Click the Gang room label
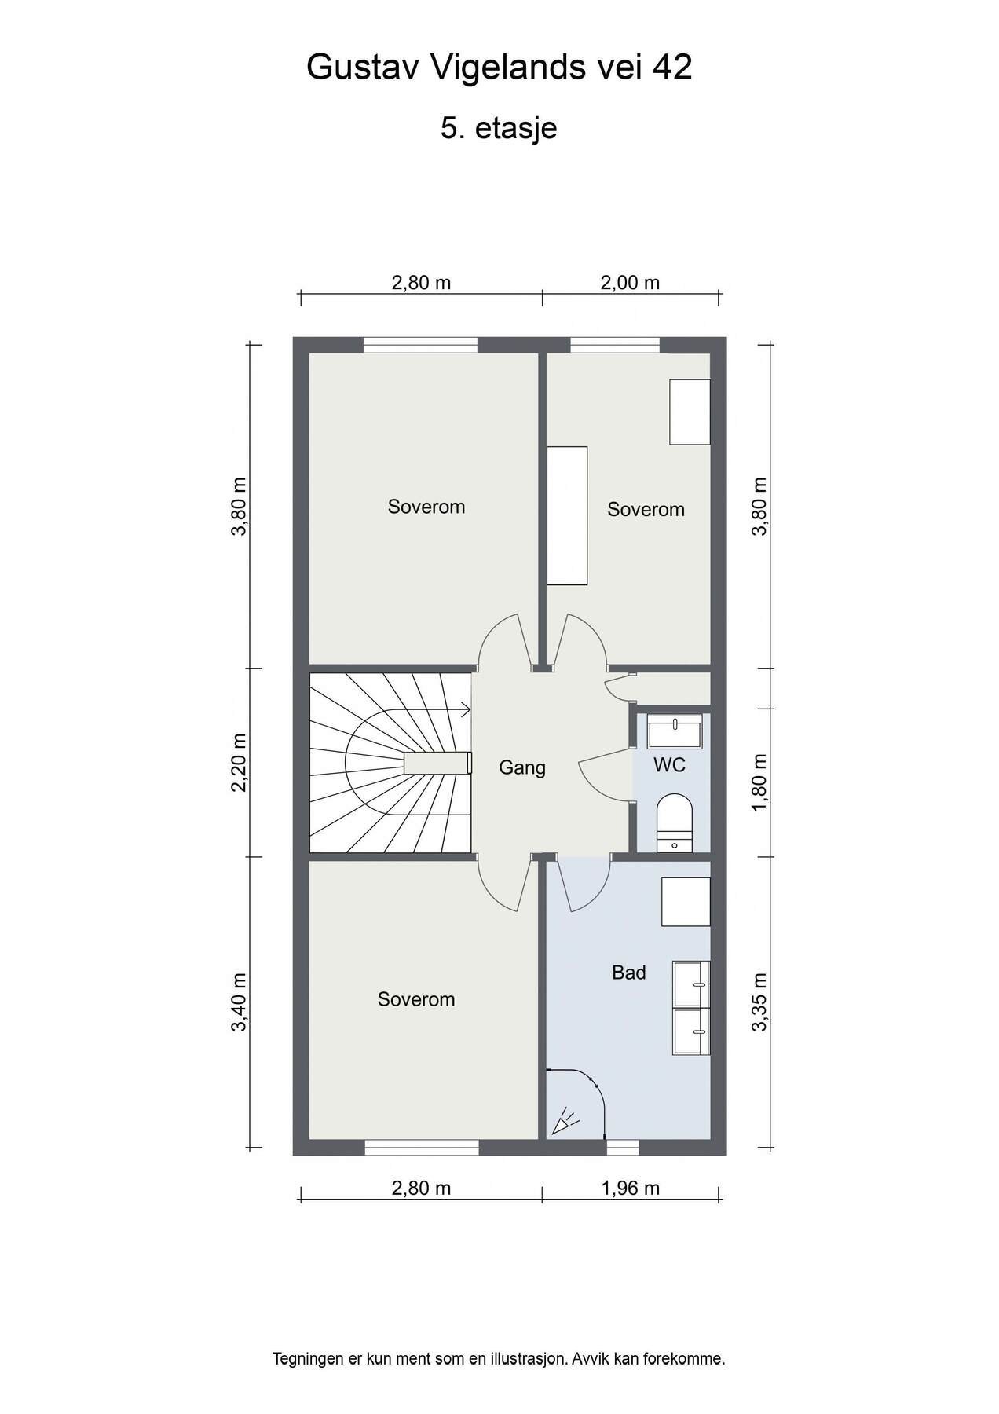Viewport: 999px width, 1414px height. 521,767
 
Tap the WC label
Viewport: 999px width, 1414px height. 669,764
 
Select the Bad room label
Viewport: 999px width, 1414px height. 628,973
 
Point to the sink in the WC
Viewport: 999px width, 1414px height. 675,731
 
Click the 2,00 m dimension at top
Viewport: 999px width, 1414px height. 630,283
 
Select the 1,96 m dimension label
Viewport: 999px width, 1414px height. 630,1188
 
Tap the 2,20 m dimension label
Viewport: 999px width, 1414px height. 240,763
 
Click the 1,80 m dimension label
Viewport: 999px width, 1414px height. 759,783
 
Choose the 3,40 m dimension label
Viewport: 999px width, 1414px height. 240,1002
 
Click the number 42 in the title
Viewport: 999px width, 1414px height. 672,68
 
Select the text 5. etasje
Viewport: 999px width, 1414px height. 499,128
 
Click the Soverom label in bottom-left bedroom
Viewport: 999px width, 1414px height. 415,999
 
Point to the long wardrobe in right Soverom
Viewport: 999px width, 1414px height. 567,515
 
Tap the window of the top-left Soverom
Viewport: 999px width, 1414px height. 420,345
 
